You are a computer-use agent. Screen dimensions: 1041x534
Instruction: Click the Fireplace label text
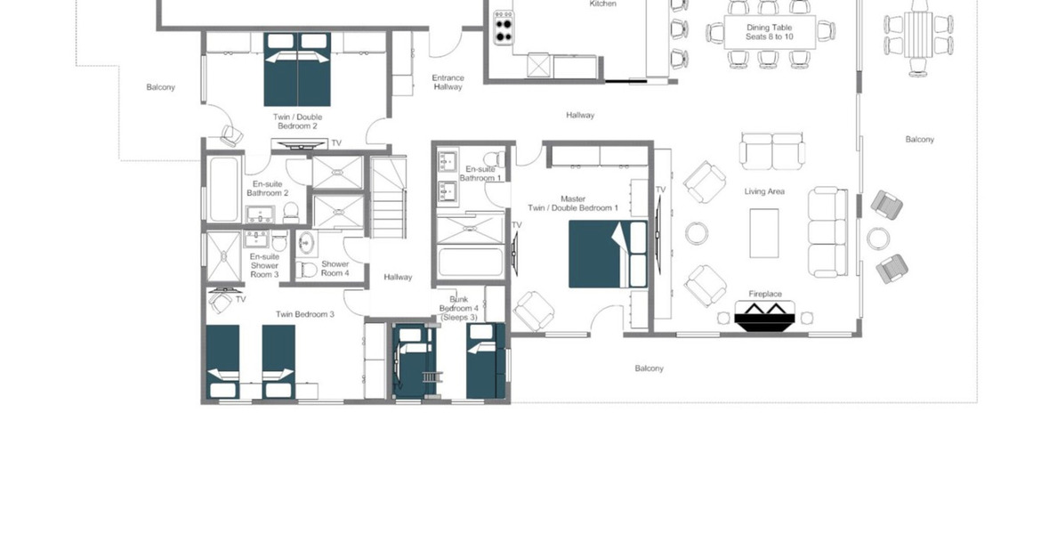(765, 294)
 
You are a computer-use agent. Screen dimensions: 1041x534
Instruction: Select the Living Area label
(764, 191)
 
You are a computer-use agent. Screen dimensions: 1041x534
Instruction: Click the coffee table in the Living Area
(764, 233)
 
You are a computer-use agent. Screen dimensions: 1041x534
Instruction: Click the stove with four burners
(504, 28)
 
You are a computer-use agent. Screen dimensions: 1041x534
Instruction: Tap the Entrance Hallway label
(448, 82)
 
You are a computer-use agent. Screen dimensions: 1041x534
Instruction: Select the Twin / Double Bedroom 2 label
(297, 121)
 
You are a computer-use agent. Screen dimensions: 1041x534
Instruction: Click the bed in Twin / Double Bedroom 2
(297, 69)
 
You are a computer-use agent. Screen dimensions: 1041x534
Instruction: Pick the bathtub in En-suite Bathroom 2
(224, 190)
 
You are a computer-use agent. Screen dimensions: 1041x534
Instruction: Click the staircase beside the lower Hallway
(388, 198)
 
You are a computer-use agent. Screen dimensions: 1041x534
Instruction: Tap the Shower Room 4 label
(335, 268)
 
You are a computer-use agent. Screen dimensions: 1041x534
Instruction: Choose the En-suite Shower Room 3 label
(264, 265)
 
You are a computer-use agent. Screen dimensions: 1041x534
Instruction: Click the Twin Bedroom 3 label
(304, 314)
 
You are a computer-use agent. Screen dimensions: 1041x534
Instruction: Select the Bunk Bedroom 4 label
(459, 308)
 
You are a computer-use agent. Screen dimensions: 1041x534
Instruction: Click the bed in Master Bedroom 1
(608, 255)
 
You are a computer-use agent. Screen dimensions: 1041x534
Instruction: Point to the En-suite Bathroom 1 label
(480, 174)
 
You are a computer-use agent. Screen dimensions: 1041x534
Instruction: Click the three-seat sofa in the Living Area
(827, 231)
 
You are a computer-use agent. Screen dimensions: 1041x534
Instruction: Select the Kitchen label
(603, 4)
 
